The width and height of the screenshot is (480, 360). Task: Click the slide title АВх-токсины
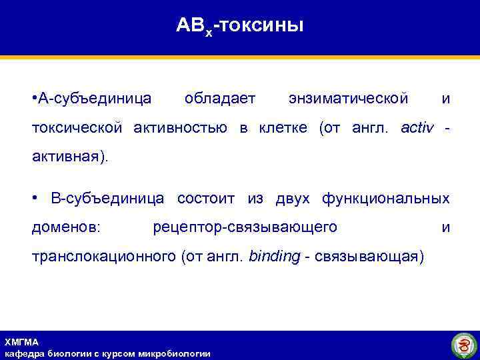click(240, 26)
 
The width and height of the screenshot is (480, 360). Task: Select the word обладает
click(220, 99)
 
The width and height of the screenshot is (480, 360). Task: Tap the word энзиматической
click(348, 99)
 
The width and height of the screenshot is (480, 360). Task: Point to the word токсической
click(77, 127)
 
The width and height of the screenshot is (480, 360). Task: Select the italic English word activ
click(417, 127)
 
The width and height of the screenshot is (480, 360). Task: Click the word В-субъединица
click(107, 199)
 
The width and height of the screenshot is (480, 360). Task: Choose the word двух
click(291, 199)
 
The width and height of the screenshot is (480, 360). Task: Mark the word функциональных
click(385, 199)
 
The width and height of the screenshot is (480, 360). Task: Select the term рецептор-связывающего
click(245, 227)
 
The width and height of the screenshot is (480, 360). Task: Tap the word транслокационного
click(104, 257)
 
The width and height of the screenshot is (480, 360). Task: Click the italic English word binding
click(274, 257)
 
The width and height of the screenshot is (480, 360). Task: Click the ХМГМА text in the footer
click(22, 342)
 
